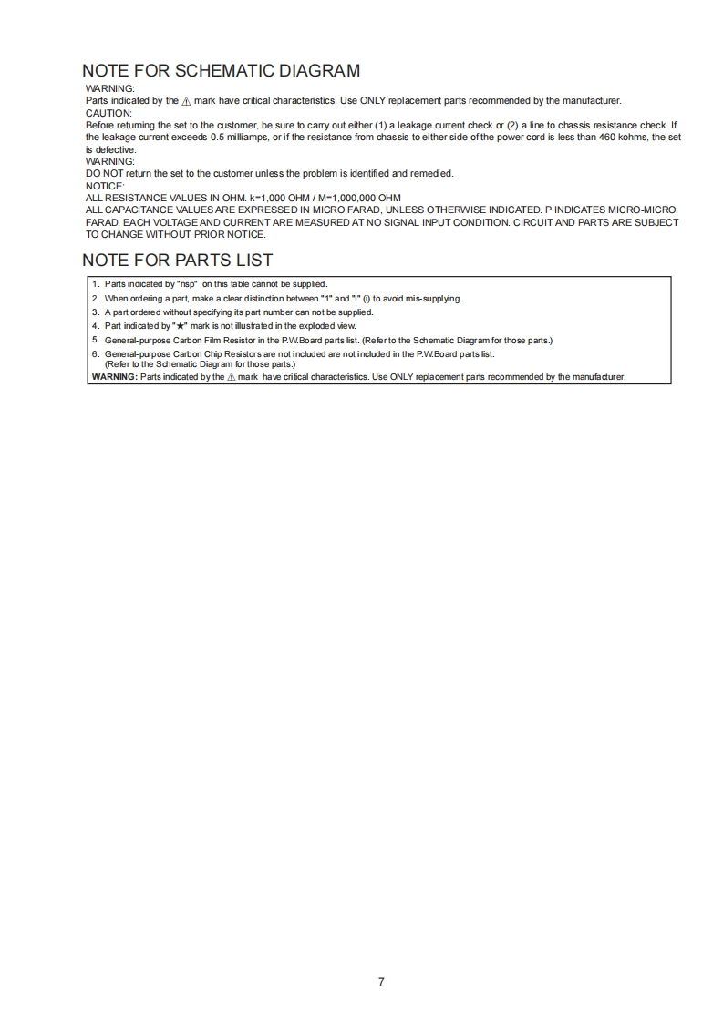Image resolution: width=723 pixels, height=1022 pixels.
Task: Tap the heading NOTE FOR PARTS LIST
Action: [x=177, y=260]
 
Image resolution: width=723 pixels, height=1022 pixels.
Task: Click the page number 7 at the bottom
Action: [x=380, y=981]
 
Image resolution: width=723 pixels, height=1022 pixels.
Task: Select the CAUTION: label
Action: [x=108, y=112]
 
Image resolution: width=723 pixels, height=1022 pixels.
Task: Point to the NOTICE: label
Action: [x=105, y=185]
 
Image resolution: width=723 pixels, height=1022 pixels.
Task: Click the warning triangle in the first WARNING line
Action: [x=186, y=100]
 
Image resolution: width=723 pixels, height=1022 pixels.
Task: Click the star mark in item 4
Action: [x=181, y=325]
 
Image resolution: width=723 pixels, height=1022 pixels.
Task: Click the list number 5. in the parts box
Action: [x=96, y=340]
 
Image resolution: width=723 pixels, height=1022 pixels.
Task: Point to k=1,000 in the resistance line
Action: [x=271, y=198]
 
